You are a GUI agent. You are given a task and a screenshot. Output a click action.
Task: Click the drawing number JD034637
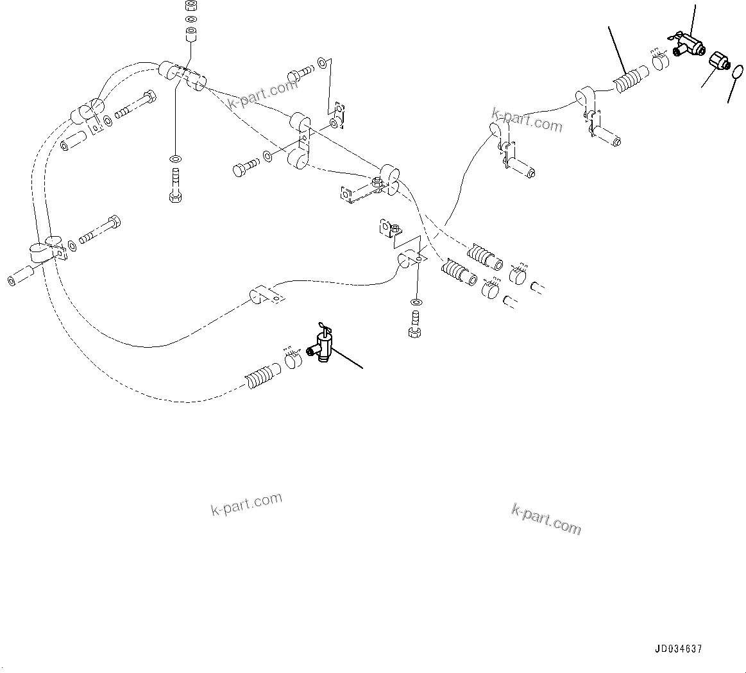click(x=678, y=649)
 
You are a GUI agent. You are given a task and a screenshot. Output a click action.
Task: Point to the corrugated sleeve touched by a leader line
click(x=627, y=83)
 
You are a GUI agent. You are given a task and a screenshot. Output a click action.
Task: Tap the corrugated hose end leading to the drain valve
click(x=259, y=377)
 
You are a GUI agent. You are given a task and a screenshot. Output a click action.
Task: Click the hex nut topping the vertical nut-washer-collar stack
click(x=191, y=6)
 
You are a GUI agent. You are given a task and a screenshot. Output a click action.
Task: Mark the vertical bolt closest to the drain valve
click(x=414, y=323)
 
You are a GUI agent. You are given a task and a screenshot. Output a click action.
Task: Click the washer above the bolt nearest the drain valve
click(x=416, y=302)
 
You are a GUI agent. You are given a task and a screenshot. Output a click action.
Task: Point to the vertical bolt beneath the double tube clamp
click(x=175, y=185)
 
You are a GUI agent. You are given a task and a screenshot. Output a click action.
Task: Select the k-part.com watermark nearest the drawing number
click(x=546, y=518)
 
